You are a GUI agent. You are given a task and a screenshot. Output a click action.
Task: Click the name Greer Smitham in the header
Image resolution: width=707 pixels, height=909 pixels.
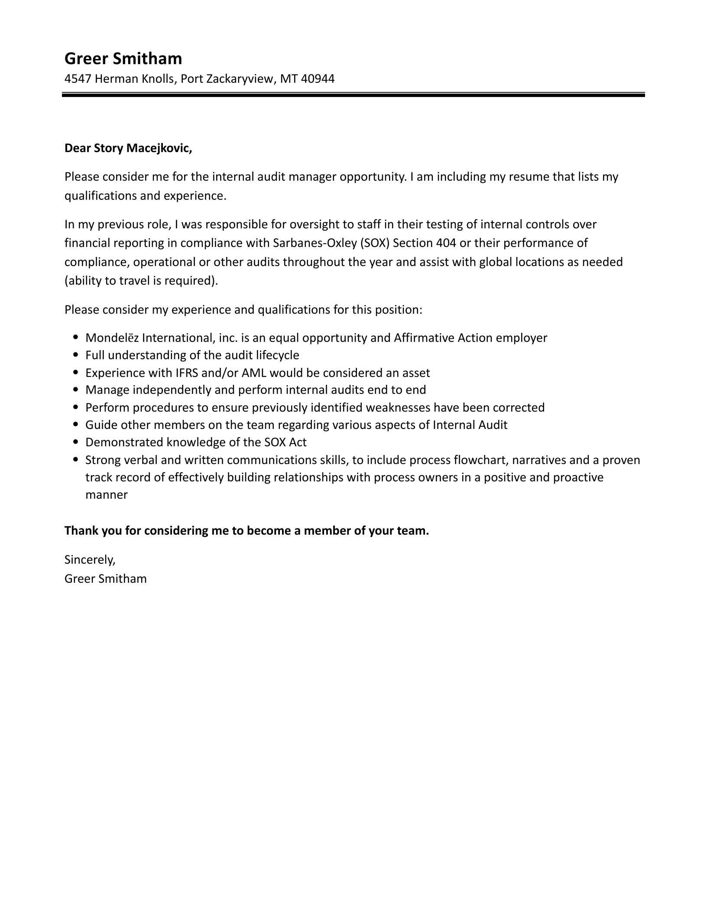123,58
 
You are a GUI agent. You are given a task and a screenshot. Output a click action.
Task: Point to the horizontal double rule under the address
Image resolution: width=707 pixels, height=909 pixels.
353,94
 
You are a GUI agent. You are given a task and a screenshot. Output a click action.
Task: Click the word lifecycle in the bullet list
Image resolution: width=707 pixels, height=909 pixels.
277,355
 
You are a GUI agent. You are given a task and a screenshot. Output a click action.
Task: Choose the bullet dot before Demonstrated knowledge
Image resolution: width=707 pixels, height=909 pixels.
76,442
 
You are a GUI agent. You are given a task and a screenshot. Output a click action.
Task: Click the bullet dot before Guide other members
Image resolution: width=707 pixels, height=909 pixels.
76,425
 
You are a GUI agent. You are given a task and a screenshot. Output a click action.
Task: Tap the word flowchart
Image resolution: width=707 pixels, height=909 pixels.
477,460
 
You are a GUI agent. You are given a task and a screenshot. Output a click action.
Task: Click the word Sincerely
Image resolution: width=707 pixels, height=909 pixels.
90,560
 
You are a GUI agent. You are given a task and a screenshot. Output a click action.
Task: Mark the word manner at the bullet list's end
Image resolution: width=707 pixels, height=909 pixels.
107,495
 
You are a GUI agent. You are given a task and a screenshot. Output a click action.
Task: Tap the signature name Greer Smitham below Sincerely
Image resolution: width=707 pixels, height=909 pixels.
105,579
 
